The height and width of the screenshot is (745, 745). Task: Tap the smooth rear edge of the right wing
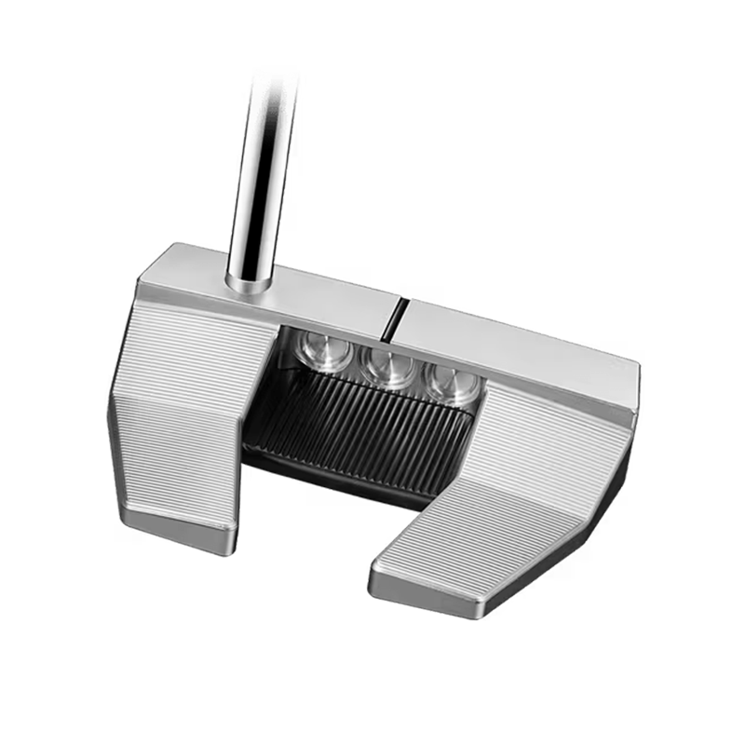[447, 587]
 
